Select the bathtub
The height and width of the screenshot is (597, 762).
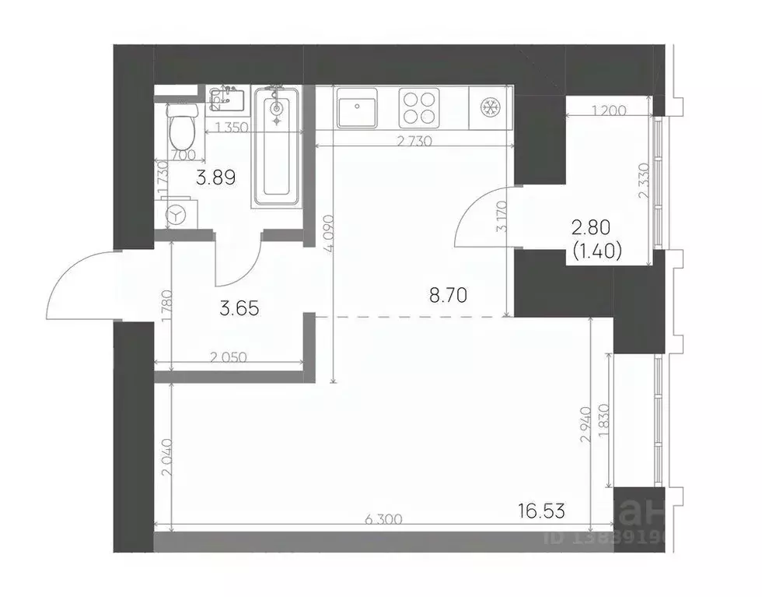[x=276, y=147]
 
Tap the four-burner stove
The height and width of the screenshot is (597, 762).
[x=420, y=107]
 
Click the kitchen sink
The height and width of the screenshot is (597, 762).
[x=358, y=107]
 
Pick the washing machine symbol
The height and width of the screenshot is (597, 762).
[x=178, y=212]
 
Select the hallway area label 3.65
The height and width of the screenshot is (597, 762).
[x=239, y=307]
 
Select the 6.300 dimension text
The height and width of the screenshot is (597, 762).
[x=383, y=521]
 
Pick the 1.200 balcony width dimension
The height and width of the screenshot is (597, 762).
[x=608, y=111]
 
